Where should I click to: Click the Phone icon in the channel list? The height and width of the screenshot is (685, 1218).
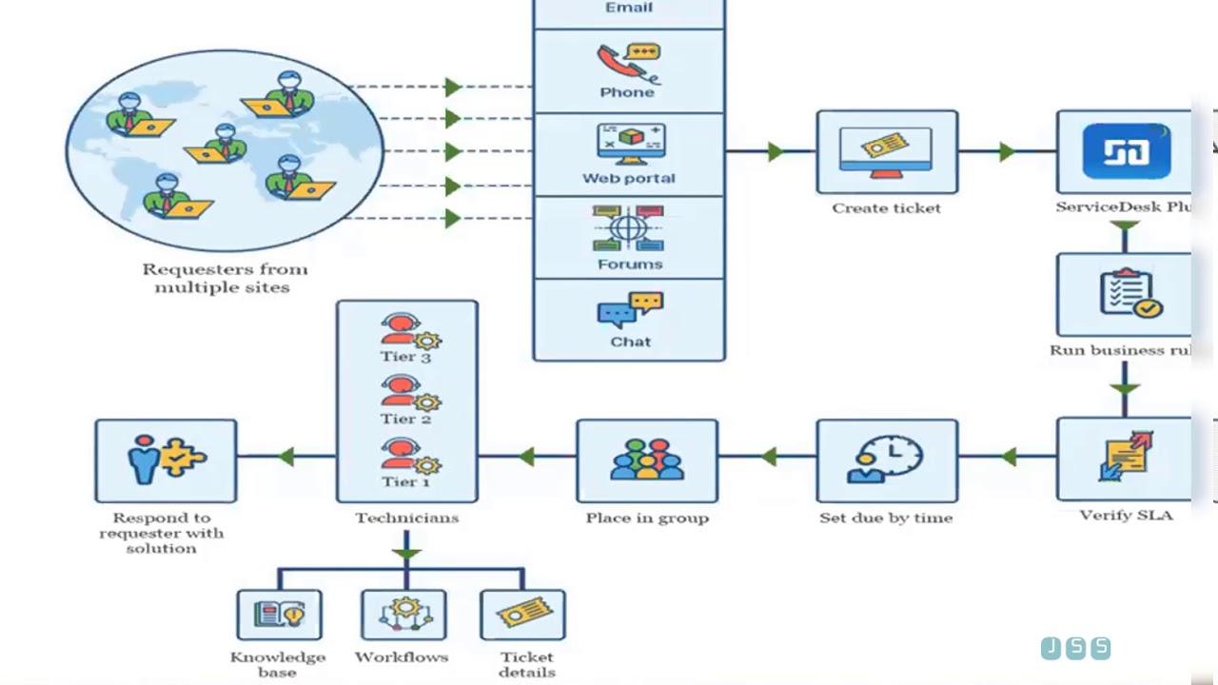[628, 63]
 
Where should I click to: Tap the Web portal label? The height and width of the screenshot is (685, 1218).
[629, 178]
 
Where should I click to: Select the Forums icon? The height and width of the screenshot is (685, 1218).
[628, 228]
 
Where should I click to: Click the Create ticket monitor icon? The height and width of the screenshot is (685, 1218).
[886, 151]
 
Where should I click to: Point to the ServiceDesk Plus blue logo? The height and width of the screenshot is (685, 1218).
[1126, 151]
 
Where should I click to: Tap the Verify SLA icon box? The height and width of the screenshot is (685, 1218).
[1126, 459]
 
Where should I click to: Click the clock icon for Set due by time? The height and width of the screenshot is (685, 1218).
[886, 460]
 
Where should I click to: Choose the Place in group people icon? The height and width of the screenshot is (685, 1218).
[647, 460]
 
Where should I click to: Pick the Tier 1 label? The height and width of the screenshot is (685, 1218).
[405, 481]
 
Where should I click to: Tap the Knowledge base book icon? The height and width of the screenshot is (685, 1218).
[279, 614]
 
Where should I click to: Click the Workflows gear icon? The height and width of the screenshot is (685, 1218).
[403, 614]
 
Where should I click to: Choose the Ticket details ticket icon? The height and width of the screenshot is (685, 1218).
[523, 614]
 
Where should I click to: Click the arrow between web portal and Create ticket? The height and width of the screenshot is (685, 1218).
[776, 151]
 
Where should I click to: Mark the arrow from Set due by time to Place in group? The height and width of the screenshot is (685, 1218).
[768, 458]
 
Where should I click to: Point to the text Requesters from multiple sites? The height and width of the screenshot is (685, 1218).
[224, 278]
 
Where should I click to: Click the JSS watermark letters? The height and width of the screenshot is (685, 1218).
[1075, 648]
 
